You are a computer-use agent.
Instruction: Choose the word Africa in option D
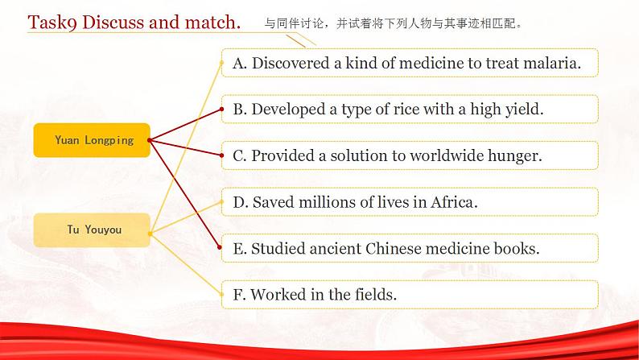click(x=452, y=202)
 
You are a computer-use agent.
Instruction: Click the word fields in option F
click(x=373, y=295)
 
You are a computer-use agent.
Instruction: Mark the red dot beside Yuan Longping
click(x=150, y=140)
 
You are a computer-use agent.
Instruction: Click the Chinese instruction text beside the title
click(x=394, y=24)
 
